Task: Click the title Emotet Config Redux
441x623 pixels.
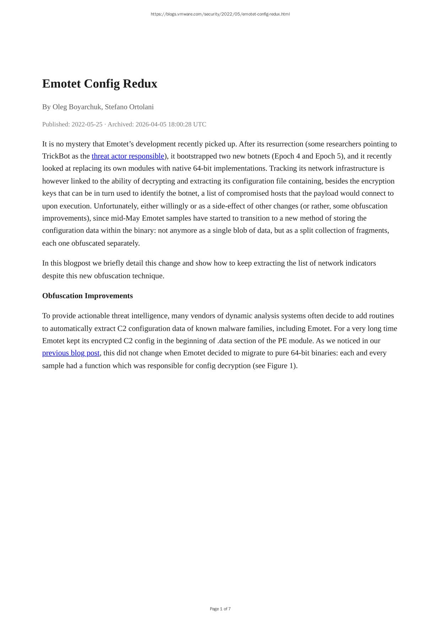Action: click(99, 84)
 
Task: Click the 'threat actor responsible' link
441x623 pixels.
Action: click(128, 156)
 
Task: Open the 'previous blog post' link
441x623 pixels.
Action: click(71, 353)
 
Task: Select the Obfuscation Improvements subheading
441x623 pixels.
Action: click(87, 296)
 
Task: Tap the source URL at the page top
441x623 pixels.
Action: click(220, 14)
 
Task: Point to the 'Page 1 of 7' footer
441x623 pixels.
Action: click(220, 609)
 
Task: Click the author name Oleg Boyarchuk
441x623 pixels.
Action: click(77, 107)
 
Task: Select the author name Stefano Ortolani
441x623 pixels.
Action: click(129, 107)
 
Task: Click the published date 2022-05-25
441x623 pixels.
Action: click(87, 124)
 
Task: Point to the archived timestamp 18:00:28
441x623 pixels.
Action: click(179, 124)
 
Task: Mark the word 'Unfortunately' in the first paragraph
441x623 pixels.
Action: click(115, 206)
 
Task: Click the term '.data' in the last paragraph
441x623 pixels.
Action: click(224, 341)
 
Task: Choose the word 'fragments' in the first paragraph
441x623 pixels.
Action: click(372, 231)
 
